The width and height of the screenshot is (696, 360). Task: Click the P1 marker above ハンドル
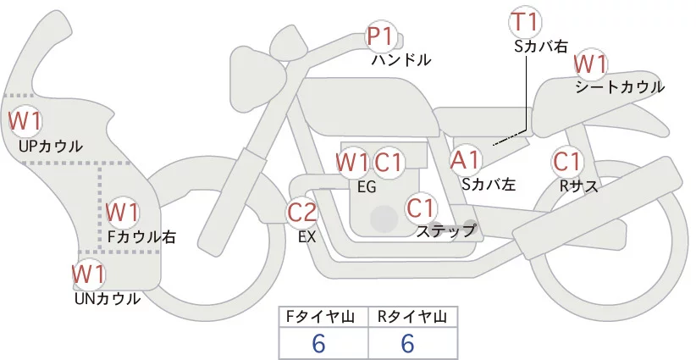(380, 37)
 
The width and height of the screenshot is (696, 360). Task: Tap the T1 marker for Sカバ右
(526, 21)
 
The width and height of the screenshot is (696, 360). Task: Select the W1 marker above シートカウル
(590, 64)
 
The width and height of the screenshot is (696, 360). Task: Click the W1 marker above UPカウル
(25, 120)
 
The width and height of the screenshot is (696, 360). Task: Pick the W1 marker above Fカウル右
(123, 211)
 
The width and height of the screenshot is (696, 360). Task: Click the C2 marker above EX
(302, 213)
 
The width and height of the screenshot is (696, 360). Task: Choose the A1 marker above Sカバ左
(465, 159)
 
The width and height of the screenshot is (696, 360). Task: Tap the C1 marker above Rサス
(566, 160)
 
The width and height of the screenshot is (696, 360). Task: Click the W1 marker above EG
(352, 162)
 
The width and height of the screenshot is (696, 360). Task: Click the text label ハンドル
(401, 60)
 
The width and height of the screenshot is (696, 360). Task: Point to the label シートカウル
(619, 86)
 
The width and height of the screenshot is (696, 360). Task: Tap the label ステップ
(446, 230)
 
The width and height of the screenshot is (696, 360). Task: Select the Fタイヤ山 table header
(323, 317)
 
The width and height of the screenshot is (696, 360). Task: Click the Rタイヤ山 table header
(412, 317)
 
